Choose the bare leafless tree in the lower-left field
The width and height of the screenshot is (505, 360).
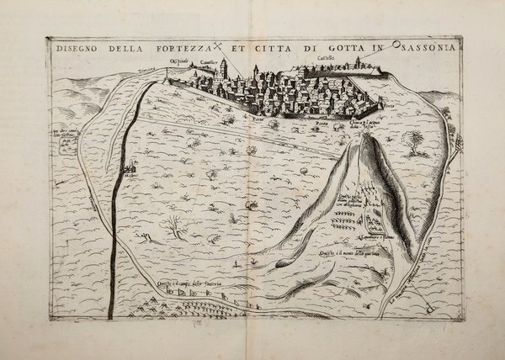click(x=174, y=225)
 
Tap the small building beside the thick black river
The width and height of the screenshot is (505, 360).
click(x=129, y=171)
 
